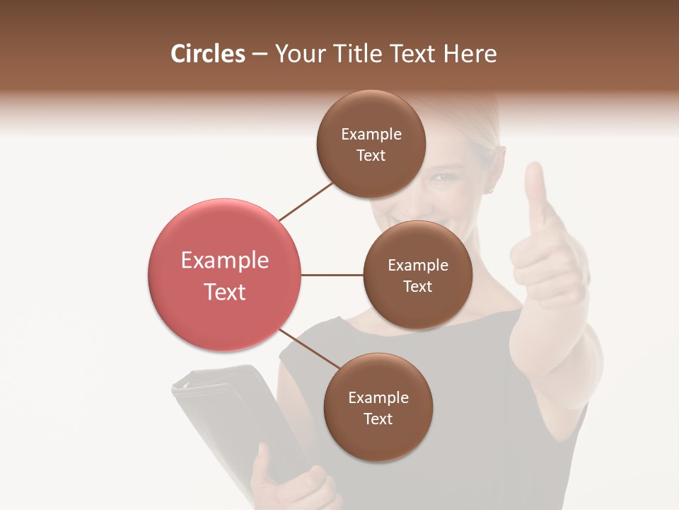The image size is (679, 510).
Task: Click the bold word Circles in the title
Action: click(207, 54)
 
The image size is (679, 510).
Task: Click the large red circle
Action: click(224, 275)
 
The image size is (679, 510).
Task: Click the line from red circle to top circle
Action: click(306, 200)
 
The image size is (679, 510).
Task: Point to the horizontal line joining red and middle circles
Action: click(332, 275)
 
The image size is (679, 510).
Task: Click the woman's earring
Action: click(488, 189)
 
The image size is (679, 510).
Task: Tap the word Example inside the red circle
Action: click(224, 261)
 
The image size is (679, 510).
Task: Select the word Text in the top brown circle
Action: click(371, 156)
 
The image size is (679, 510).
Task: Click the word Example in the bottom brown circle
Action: click(378, 397)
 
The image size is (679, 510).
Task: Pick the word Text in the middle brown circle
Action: click(417, 286)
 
